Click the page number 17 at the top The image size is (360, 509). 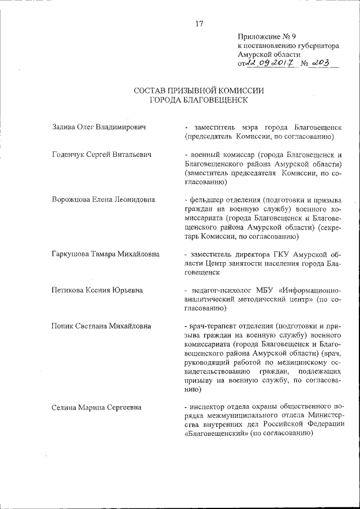pyautogui.click(x=199, y=24)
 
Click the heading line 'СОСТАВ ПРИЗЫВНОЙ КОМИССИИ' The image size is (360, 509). pyautogui.click(x=199, y=91)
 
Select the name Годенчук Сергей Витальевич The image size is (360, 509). pyautogui.click(x=102, y=154)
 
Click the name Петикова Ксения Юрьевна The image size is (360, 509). pyautogui.click(x=97, y=290)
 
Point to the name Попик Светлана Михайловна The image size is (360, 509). pyautogui.click(x=101, y=326)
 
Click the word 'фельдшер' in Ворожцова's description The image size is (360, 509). pyautogui.click(x=209, y=200)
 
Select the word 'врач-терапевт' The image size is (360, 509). pyautogui.click(x=214, y=326)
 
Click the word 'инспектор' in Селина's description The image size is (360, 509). pyautogui.click(x=209, y=407)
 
